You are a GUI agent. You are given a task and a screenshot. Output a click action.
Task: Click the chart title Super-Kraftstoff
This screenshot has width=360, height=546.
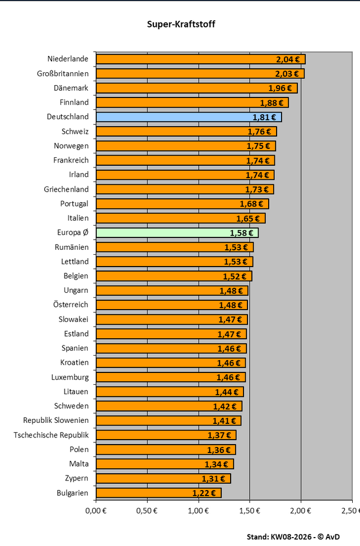181,25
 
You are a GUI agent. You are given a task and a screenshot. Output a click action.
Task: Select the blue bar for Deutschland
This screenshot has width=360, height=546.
189,117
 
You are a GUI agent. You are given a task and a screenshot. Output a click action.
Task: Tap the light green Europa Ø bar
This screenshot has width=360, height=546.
177,232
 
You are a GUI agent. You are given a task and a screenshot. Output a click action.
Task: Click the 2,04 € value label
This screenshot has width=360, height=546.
288,59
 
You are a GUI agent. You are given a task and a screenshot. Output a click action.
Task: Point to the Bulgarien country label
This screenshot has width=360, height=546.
72,493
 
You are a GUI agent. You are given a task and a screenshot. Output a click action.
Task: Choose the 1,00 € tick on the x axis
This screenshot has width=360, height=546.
198,511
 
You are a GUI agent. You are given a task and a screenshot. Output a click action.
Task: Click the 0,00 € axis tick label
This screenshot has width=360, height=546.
96,511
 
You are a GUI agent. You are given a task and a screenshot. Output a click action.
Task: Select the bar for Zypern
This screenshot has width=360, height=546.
163,478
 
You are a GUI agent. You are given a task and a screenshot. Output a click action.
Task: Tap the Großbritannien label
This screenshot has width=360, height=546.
63,74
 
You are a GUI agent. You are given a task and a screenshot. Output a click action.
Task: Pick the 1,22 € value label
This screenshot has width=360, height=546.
204,493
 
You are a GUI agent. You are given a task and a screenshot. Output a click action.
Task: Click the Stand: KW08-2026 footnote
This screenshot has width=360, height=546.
293,537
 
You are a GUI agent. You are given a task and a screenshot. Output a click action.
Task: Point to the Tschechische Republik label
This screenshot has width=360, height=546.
51,435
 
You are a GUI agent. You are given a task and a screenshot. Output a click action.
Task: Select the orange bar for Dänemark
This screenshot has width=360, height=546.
197,88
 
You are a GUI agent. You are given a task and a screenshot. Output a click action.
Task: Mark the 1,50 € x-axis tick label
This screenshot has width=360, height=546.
250,511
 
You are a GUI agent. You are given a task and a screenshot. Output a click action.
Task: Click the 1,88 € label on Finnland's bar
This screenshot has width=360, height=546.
272,103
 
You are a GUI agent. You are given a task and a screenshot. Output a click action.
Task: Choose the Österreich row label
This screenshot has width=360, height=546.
71,305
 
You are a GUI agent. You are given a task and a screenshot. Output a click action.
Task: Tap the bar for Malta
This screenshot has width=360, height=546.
165,464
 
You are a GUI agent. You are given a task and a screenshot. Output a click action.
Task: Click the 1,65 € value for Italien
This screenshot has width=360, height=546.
248,218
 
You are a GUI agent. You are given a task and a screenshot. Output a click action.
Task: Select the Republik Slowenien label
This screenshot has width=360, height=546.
55,421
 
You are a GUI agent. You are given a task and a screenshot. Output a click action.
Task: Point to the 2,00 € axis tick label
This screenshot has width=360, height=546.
301,511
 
